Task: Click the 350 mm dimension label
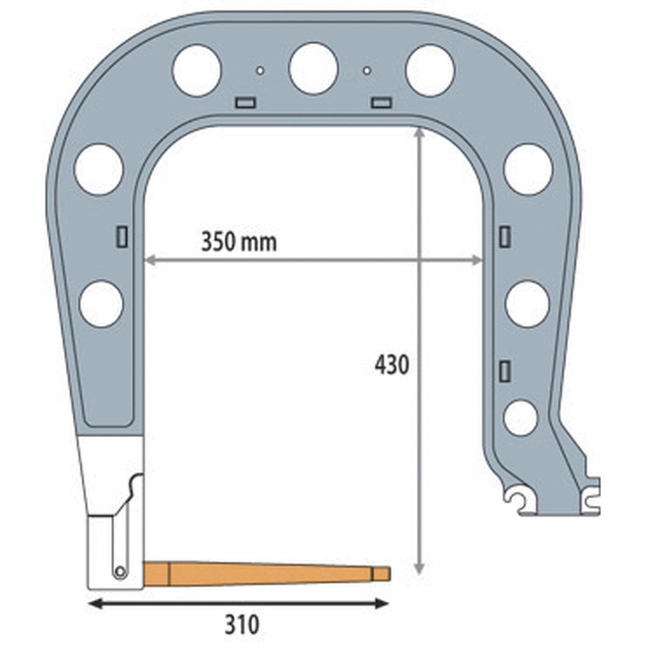[x=238, y=242]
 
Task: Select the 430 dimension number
[x=392, y=365]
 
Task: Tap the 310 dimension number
[x=242, y=625]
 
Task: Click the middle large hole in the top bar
[x=313, y=68]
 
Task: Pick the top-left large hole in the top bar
[x=196, y=70]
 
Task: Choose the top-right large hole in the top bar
[x=430, y=70]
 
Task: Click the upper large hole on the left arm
[x=98, y=169]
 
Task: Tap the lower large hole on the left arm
[x=101, y=303]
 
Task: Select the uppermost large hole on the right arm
[x=528, y=169]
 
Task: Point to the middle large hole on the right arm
[x=527, y=303]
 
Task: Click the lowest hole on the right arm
[x=520, y=417]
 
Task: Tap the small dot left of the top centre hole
[x=259, y=70]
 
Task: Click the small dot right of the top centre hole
[x=367, y=70]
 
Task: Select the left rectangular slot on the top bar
[x=244, y=102]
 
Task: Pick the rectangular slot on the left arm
[x=122, y=236]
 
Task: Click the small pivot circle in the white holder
[x=119, y=572]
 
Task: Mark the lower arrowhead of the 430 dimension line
[x=418, y=569]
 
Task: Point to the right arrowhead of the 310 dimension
[x=382, y=604]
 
